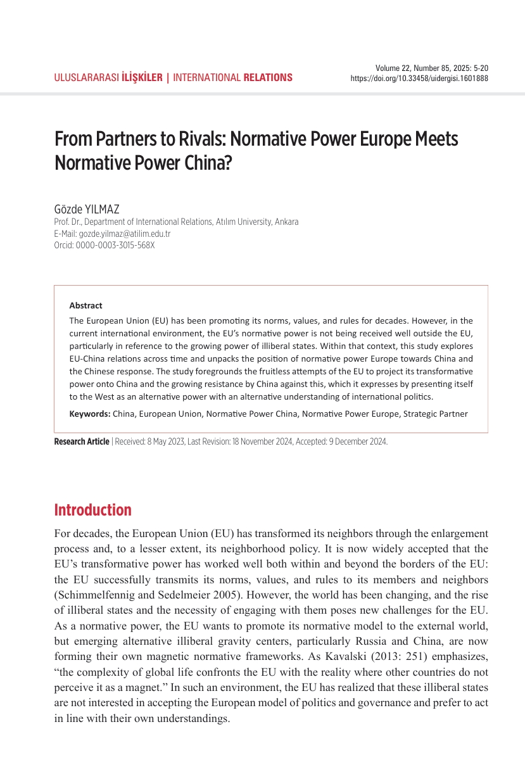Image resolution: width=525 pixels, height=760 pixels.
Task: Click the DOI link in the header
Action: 419,79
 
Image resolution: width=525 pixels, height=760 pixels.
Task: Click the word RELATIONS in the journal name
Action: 268,78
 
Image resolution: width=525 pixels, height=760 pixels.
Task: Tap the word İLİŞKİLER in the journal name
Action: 142,78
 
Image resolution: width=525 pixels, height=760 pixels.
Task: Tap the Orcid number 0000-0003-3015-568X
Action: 115,245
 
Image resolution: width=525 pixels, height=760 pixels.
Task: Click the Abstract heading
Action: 85,305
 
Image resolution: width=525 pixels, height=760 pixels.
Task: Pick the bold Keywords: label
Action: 90,414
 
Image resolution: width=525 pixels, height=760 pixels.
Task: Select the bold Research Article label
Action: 82,442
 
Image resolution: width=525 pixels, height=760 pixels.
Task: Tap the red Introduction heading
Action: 93,510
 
